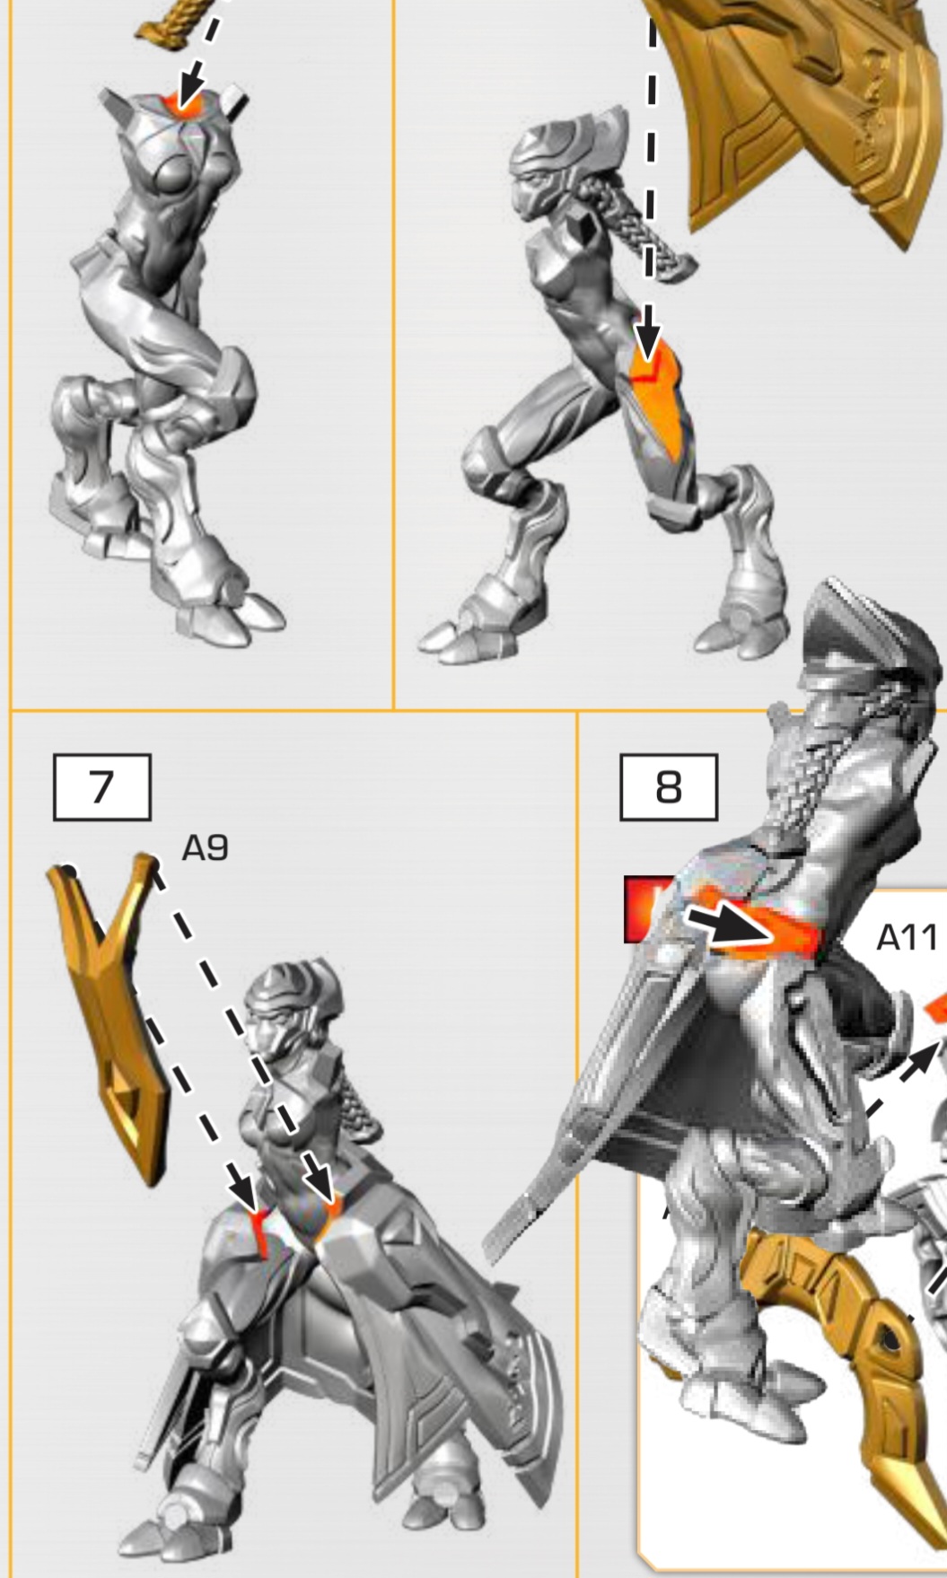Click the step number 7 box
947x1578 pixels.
click(101, 786)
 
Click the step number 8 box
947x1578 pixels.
click(669, 786)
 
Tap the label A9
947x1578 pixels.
click(205, 847)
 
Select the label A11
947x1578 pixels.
click(906, 937)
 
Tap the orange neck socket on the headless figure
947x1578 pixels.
click(183, 104)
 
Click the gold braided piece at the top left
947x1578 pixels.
click(175, 22)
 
